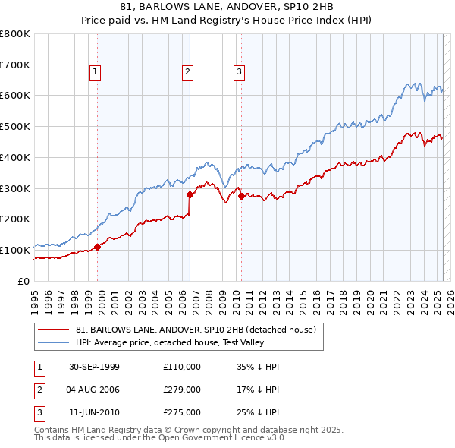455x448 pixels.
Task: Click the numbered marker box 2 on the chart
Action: pos(187,72)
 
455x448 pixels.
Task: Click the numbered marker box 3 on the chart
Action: pos(239,72)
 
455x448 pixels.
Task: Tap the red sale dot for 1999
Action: pos(98,246)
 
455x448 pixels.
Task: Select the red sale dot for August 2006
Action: pos(190,194)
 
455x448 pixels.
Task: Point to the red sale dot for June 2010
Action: pos(241,196)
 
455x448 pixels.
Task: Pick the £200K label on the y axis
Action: pos(15,219)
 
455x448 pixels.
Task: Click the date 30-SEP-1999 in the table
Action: pos(94,367)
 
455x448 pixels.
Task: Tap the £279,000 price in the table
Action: pos(182,390)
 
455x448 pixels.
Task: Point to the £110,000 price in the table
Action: pos(182,367)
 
